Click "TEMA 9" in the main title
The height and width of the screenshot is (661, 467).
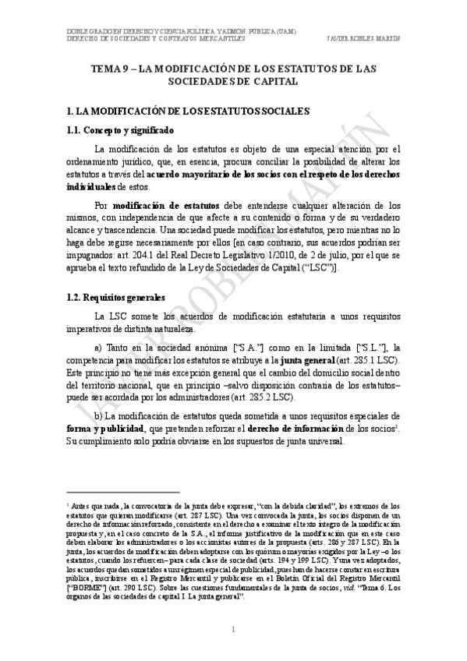click(110, 68)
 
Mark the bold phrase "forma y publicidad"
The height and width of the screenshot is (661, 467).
click(94, 429)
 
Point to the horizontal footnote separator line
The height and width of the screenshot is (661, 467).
click(124, 493)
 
